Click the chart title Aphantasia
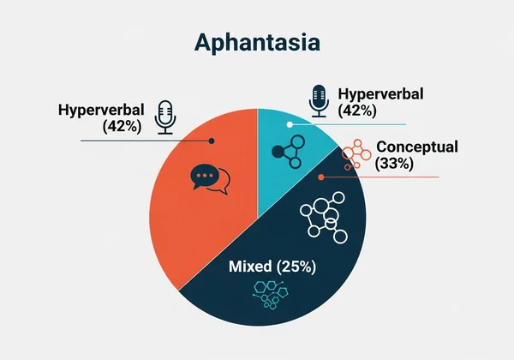click(x=256, y=43)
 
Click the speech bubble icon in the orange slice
click(x=210, y=178)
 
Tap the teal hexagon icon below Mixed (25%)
click(x=272, y=292)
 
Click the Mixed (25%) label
click(x=272, y=267)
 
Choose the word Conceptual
click(x=417, y=147)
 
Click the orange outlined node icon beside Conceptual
click(x=356, y=154)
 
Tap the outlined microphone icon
click(x=165, y=117)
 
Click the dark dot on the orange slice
click(x=211, y=140)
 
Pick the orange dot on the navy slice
click(x=321, y=177)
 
